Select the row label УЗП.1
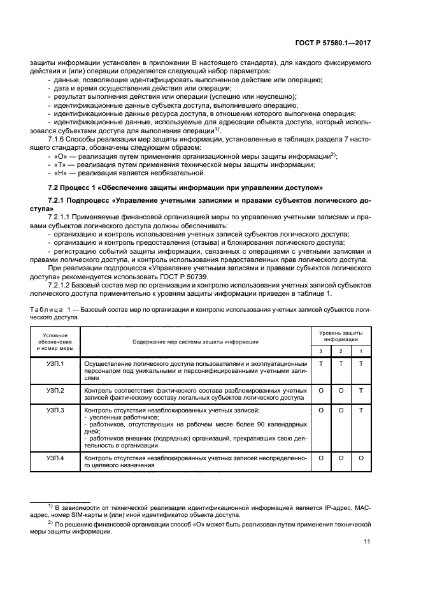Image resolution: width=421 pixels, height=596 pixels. [55, 363]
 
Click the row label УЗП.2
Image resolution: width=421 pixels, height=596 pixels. [55, 389]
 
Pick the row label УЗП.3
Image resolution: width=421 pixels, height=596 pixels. [55, 410]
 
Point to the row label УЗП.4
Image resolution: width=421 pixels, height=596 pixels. [55, 458]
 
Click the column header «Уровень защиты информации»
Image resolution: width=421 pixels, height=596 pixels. [341, 336]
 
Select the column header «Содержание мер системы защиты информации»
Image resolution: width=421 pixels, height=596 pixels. [196, 342]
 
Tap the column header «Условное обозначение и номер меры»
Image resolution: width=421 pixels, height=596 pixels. [55, 342]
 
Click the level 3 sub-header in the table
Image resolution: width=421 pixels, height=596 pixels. [321, 351]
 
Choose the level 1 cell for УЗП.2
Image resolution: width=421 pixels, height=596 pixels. [361, 389]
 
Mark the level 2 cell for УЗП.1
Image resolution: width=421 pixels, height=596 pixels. [341, 363]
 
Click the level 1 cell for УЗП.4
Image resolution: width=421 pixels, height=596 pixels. [361, 458]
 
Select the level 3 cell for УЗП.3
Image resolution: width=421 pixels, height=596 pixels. [321, 410]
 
